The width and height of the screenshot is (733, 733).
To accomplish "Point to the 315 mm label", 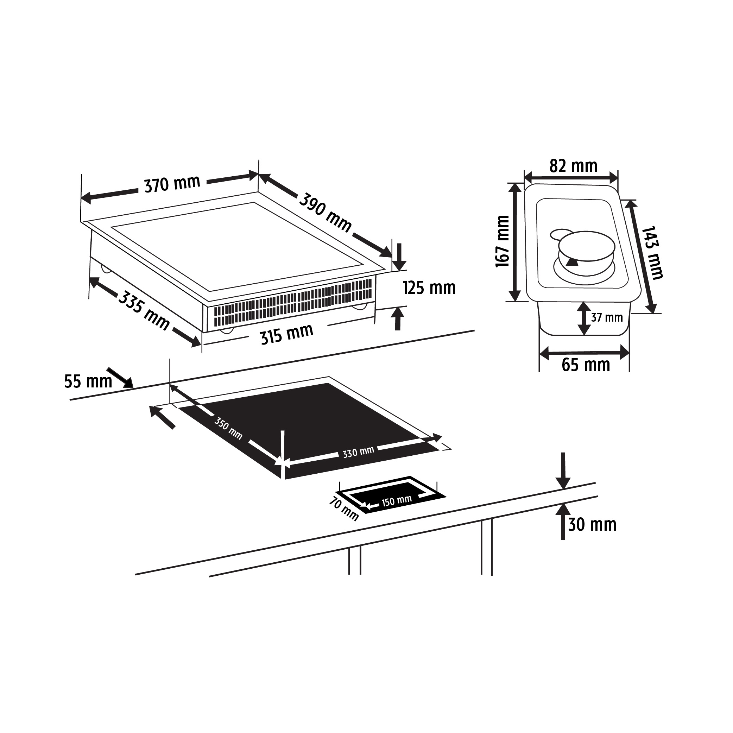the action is click(287, 334).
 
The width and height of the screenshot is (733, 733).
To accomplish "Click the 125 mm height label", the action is click(429, 287).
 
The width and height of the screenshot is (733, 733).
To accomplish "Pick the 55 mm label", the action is click(88, 381).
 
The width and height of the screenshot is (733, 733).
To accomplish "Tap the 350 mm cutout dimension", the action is click(228, 428).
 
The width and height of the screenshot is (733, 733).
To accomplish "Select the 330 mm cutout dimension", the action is click(358, 452).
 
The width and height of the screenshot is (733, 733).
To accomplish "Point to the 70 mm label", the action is click(343, 509).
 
